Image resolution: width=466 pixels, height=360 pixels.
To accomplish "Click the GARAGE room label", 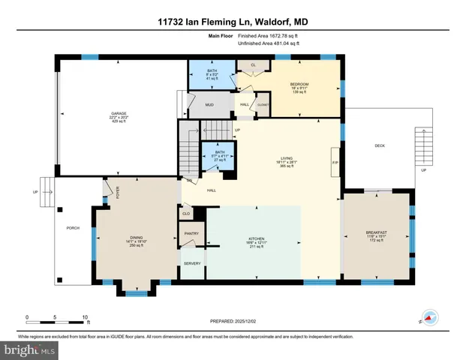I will [x=119, y=113].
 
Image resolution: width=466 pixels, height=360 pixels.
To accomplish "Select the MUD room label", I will [x=211, y=104].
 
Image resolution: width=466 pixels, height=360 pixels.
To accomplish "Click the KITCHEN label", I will [x=256, y=238].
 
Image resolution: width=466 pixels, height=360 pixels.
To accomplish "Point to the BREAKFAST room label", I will [x=376, y=232].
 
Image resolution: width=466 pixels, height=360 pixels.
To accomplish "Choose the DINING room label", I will [x=136, y=238].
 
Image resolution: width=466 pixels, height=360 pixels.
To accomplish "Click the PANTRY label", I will [x=191, y=234].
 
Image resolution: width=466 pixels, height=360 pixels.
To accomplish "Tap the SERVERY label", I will [x=192, y=263].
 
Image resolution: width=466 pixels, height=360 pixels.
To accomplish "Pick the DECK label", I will [x=380, y=145].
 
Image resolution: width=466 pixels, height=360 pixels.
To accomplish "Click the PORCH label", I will [x=73, y=228].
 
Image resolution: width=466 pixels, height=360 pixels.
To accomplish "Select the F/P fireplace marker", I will [x=335, y=161].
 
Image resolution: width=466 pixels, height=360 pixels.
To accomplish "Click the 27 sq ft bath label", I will [x=220, y=155].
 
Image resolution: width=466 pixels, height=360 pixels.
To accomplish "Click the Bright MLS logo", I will [x=30, y=350].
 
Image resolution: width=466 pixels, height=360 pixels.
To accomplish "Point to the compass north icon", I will [x=428, y=317].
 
